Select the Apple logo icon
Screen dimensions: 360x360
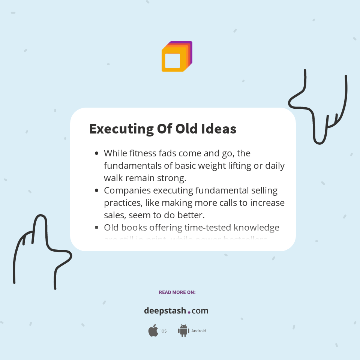click(x=153, y=331)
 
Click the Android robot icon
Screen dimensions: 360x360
click(x=183, y=330)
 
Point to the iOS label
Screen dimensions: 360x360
click(x=163, y=331)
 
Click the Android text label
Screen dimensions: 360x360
click(x=198, y=331)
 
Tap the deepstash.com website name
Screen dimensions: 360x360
click(x=176, y=311)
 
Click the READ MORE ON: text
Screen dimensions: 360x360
click(x=177, y=292)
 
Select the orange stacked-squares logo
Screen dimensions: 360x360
click(x=177, y=57)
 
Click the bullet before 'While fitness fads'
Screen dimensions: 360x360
click(x=97, y=153)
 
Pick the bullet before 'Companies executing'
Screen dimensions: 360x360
click(x=97, y=190)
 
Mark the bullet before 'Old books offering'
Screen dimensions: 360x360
click(x=97, y=228)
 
